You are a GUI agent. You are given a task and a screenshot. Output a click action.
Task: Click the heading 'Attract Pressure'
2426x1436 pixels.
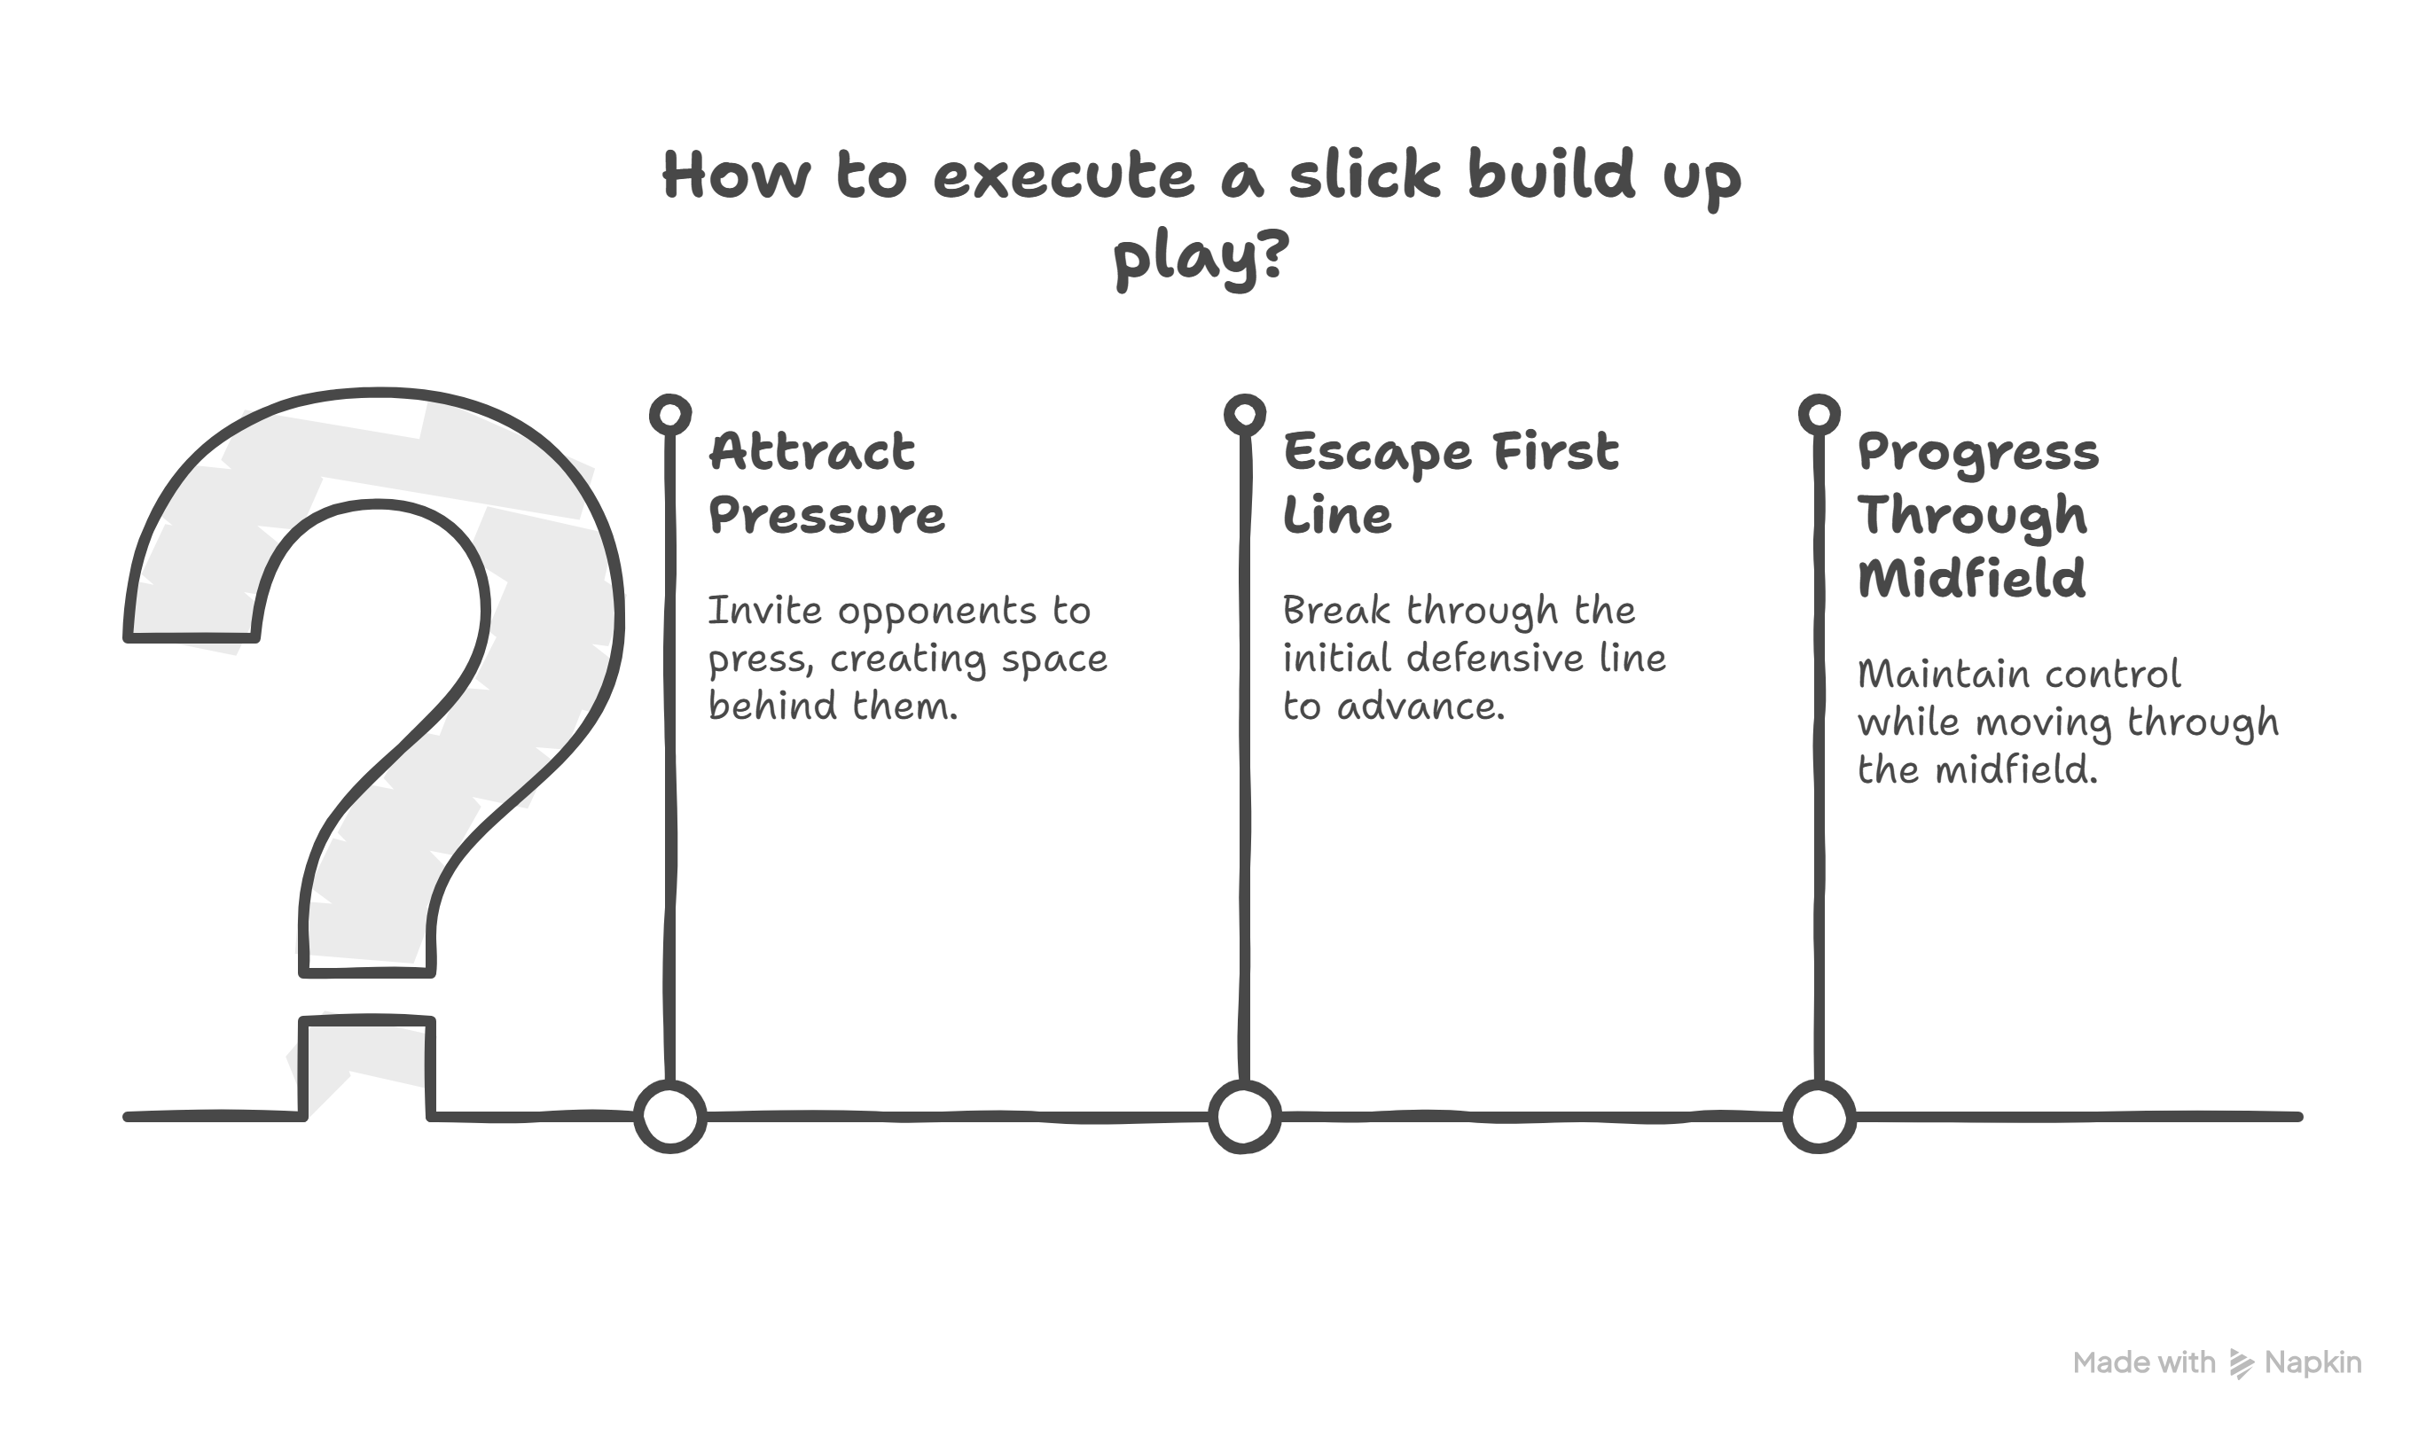[826, 483]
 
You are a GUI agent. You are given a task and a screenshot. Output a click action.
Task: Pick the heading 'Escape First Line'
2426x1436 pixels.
[1450, 483]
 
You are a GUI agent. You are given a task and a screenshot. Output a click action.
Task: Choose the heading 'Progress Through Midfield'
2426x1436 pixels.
[1977, 515]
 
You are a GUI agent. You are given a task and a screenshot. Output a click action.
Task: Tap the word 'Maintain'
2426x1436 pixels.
[1921, 675]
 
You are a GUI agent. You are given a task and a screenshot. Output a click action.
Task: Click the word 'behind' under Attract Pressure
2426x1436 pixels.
[772, 706]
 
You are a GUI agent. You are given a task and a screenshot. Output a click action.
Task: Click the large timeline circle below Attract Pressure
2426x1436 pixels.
[669, 1117]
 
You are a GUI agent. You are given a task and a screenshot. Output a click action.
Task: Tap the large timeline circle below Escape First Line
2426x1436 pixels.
[1244, 1117]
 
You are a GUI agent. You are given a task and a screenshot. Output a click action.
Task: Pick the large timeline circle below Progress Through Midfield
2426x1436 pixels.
[1819, 1117]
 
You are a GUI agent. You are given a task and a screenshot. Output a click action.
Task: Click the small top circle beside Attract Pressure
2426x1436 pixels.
[669, 415]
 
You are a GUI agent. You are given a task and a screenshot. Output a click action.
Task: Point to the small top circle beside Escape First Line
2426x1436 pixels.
[1244, 415]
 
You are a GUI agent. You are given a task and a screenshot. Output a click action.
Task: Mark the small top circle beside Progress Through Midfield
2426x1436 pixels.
[1819, 415]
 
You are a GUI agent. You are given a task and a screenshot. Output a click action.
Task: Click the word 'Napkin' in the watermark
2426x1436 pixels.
[2313, 1363]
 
